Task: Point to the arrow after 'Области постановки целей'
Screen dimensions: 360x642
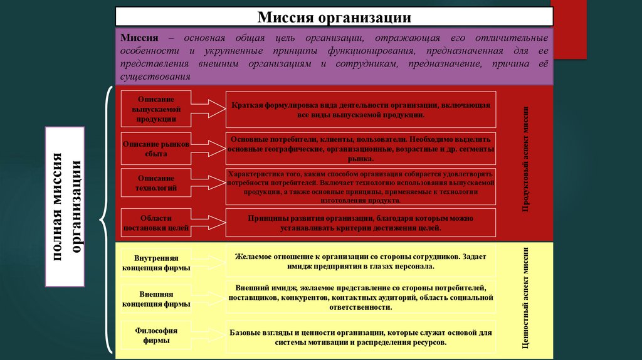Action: coord(208,224)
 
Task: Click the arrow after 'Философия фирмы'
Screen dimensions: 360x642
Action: coord(208,336)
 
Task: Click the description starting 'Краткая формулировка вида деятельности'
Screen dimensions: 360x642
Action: coord(360,111)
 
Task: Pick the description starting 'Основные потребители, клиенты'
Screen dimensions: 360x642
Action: coord(360,149)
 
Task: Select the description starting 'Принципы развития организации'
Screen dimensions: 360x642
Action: coord(360,223)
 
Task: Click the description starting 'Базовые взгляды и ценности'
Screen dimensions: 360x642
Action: coord(360,337)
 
